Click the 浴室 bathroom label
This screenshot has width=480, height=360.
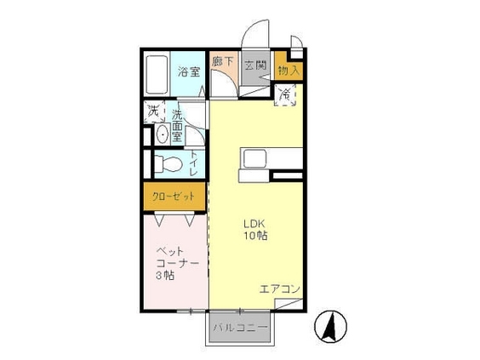tap(189, 71)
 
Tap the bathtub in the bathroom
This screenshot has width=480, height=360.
tap(157, 74)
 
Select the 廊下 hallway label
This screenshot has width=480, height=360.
tap(222, 61)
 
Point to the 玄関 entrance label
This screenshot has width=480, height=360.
tap(255, 65)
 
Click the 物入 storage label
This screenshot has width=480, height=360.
tap(289, 71)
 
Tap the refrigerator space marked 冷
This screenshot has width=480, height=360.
tap(285, 95)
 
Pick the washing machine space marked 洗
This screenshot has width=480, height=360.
tap(154, 111)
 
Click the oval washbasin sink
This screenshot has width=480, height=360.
tap(162, 134)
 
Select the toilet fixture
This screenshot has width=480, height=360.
tap(168, 163)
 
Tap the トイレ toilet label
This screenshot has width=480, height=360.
tap(193, 163)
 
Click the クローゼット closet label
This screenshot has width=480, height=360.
tap(174, 197)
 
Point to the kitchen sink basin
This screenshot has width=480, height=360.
tap(254, 158)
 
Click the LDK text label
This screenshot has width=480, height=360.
tap(254, 224)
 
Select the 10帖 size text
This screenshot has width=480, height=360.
tap(255, 236)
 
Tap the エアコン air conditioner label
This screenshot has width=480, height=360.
tap(279, 289)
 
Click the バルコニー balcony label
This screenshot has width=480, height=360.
tap(241, 328)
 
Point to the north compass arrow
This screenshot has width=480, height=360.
tap(330, 326)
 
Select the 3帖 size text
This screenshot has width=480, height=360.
tap(165, 276)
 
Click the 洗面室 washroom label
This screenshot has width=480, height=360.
tap(177, 126)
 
